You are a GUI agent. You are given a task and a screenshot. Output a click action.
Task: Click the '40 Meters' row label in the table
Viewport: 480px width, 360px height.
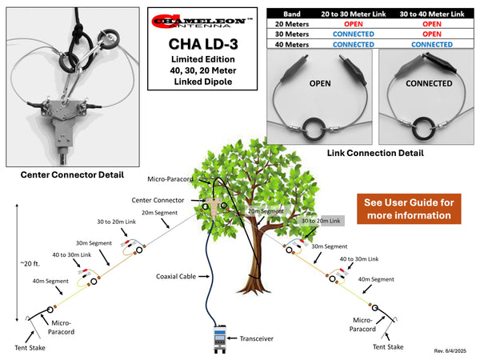[x=291, y=45]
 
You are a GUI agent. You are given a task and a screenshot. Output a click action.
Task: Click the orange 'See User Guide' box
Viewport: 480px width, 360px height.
[x=407, y=208]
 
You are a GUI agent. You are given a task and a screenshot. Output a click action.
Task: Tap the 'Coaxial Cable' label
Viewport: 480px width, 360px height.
[x=176, y=277]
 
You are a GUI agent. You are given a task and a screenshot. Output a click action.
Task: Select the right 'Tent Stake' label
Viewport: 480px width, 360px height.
[x=388, y=346]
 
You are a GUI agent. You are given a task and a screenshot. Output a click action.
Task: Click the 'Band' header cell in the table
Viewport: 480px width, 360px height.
[x=291, y=13]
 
